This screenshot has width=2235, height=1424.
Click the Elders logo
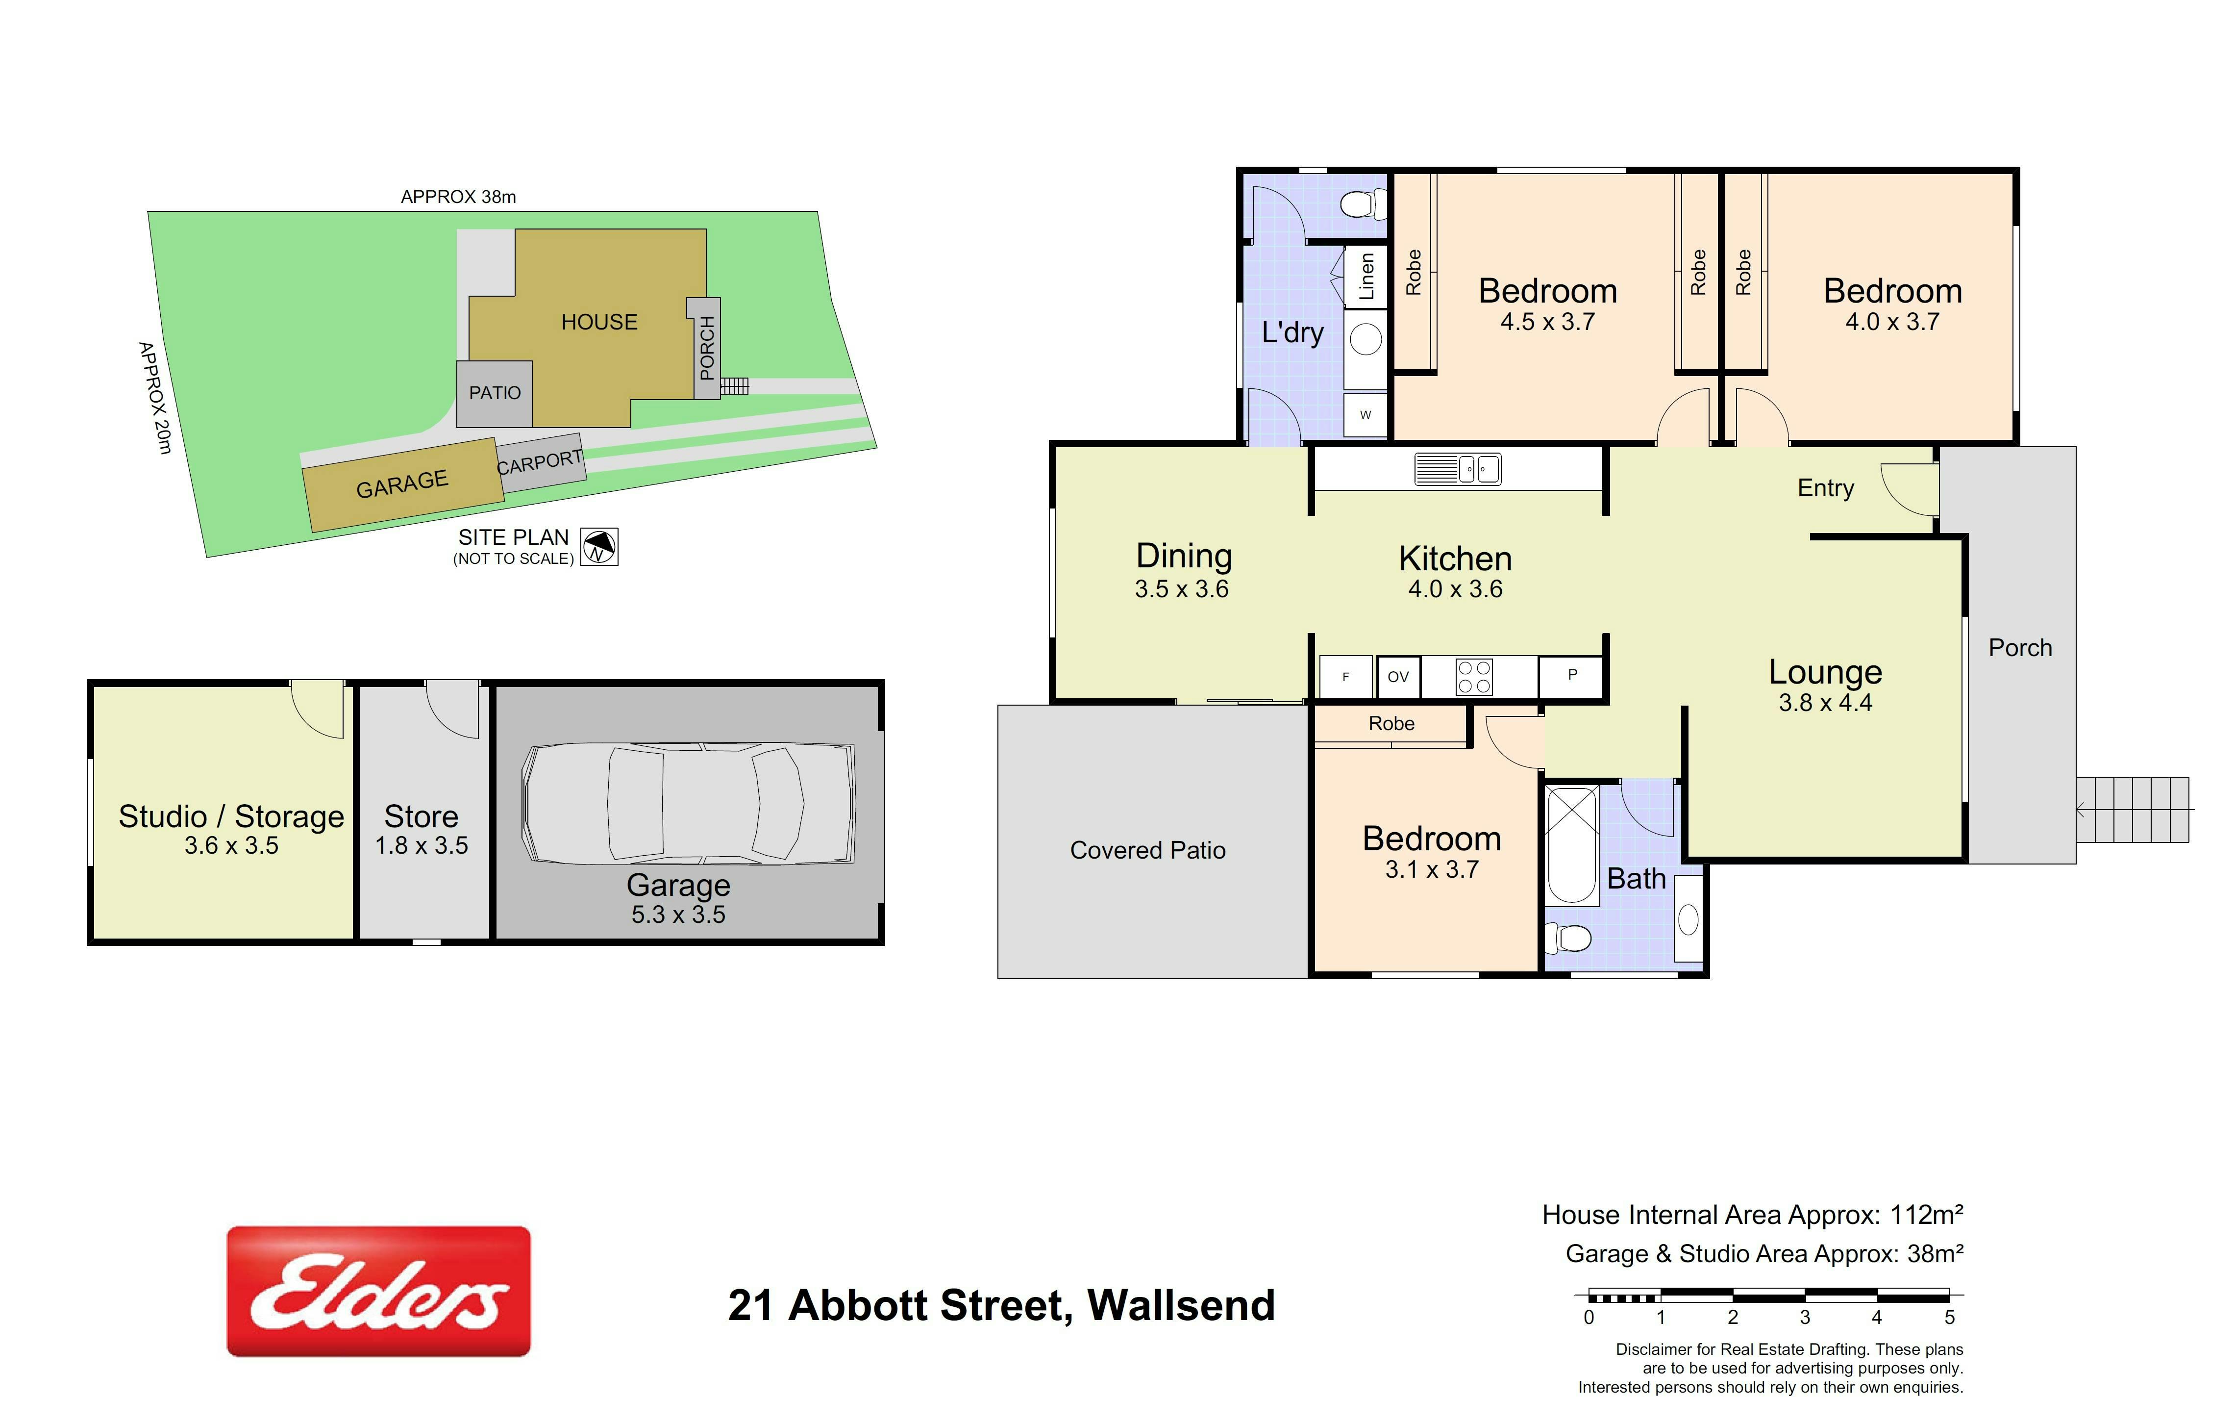pyautogui.click(x=379, y=1291)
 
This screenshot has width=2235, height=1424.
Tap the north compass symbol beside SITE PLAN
pyautogui.click(x=599, y=547)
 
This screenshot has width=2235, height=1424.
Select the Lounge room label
pyautogui.click(x=1825, y=671)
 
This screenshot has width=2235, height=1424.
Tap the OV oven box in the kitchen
pyautogui.click(x=1398, y=677)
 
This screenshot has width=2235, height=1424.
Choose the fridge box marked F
pyautogui.click(x=1346, y=677)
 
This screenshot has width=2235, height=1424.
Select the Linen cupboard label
pyautogui.click(x=1366, y=277)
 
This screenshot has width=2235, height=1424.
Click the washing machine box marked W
pyautogui.click(x=1366, y=415)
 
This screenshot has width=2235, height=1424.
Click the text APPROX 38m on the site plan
pyautogui.click(x=458, y=197)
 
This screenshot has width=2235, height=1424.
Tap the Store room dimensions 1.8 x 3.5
pyautogui.click(x=422, y=846)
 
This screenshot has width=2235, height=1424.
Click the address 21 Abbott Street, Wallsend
pyautogui.click(x=1001, y=1305)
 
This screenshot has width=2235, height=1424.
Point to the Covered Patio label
pyautogui.click(x=1148, y=850)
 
